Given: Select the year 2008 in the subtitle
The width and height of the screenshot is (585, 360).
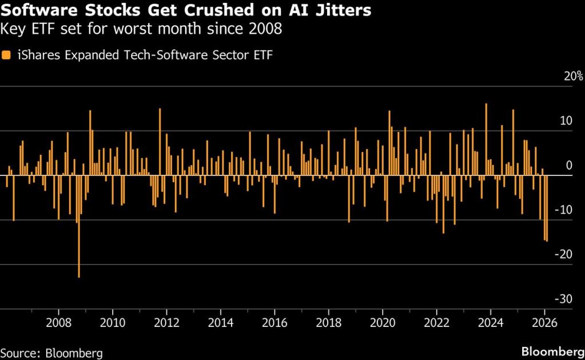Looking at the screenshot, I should point(266,29).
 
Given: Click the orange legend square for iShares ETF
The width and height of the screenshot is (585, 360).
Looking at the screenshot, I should point(6,55).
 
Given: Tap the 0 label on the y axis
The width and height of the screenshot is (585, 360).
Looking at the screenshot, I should point(568,166).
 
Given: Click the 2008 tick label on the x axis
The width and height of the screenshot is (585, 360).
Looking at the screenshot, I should point(58,321).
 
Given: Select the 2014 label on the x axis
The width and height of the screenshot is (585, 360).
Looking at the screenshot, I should point(220,321).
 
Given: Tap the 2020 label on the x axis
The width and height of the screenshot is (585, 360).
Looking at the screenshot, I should point(382,321).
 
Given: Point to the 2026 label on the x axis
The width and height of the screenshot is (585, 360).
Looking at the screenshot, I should point(544,321).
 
